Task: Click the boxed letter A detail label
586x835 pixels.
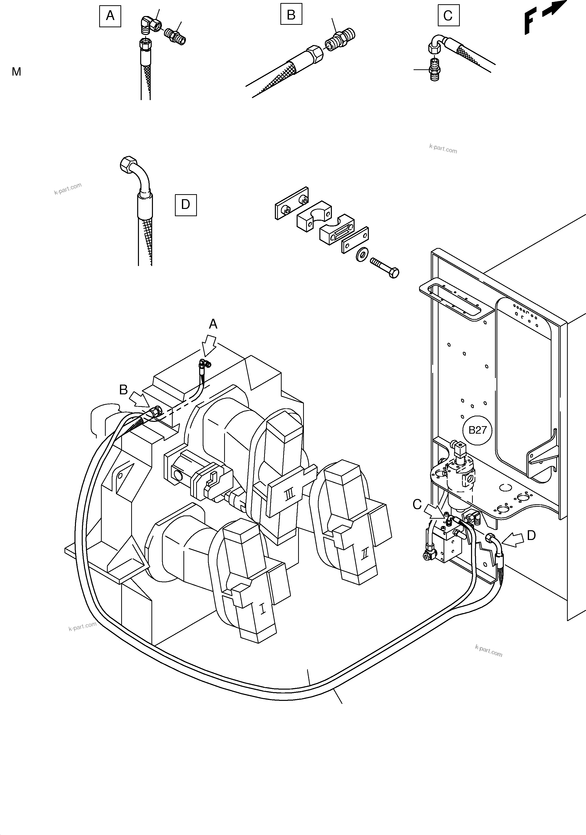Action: pos(110,16)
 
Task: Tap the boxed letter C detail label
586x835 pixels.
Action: pos(448,16)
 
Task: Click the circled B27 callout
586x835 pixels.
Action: pos(477,430)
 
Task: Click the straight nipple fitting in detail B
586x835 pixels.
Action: pos(341,38)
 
